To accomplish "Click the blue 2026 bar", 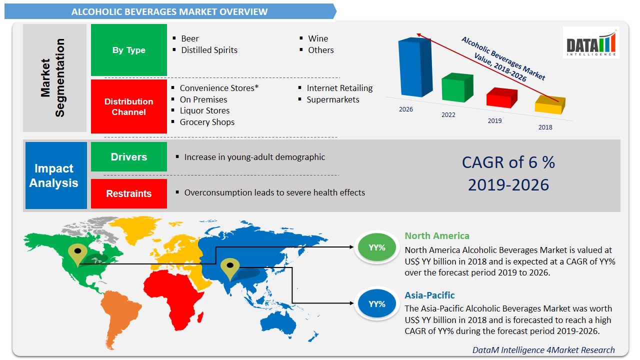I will pos(414,67).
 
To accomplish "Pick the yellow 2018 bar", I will pos(549,105).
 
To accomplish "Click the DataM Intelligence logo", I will pos(591,43).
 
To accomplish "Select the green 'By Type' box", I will pos(129,50).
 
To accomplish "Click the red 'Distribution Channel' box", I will pos(129,106).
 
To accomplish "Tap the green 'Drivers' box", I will pos(129,157).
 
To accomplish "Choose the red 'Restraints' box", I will pos(129,193).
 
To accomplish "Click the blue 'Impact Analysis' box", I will pos(53,175).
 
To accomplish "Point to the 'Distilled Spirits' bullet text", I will pos(209,50).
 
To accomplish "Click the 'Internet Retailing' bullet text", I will pos(339,88).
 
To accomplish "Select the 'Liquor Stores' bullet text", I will pos(204,110).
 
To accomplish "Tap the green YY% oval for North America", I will pos(376,247).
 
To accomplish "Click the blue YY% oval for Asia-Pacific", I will pos(376,304).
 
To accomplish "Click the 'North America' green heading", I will pos(437,236).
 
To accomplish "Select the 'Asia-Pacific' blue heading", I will pos(429,295).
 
